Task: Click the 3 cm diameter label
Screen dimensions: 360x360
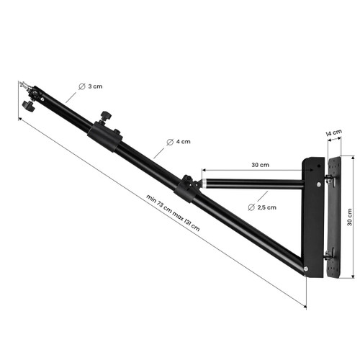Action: pyautogui.click(x=94, y=86)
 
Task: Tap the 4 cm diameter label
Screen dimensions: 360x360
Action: pyautogui.click(x=183, y=142)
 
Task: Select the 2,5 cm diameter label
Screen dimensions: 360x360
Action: pyautogui.click(x=267, y=207)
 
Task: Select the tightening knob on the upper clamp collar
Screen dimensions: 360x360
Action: pyautogui.click(x=106, y=115)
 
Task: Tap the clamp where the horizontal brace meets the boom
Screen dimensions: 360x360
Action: pyautogui.click(x=189, y=186)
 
